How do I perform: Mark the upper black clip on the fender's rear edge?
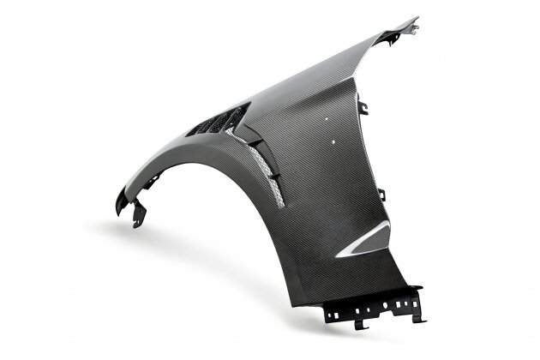click(x=363, y=108)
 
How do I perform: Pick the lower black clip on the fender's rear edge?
click(x=381, y=195)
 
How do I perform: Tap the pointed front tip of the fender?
click(x=118, y=207)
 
